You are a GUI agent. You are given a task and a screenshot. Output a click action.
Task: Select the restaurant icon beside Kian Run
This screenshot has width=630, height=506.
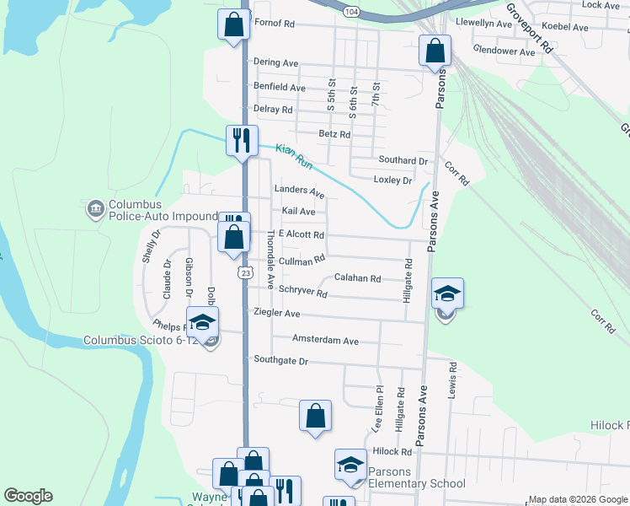pos(241,138)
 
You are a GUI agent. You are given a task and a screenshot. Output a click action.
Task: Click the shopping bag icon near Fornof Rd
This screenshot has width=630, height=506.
pos(232,24)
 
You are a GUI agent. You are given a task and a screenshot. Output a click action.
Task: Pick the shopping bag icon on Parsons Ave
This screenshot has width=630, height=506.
pos(435,50)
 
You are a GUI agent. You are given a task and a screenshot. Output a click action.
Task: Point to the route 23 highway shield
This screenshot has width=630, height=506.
pos(245,272)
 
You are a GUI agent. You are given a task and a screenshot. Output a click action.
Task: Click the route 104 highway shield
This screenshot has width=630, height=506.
pos(351,11)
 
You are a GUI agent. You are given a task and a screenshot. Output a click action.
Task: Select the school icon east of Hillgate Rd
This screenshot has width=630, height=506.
pos(447,293)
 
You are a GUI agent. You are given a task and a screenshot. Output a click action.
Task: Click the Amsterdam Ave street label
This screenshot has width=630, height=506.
pos(325,341)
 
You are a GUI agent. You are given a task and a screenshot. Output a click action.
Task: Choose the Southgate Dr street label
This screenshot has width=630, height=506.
pos(281,361)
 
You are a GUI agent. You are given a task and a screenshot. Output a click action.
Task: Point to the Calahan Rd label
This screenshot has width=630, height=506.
pos(357,278)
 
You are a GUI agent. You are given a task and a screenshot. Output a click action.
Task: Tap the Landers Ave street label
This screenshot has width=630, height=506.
pos(299,191)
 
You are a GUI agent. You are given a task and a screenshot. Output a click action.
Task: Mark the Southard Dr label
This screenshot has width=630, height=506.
pos(403,160)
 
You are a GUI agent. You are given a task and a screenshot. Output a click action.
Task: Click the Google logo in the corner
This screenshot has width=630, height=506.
pos(28,496)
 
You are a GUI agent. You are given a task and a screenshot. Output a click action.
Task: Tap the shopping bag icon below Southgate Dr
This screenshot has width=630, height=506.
pos(315,415)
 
